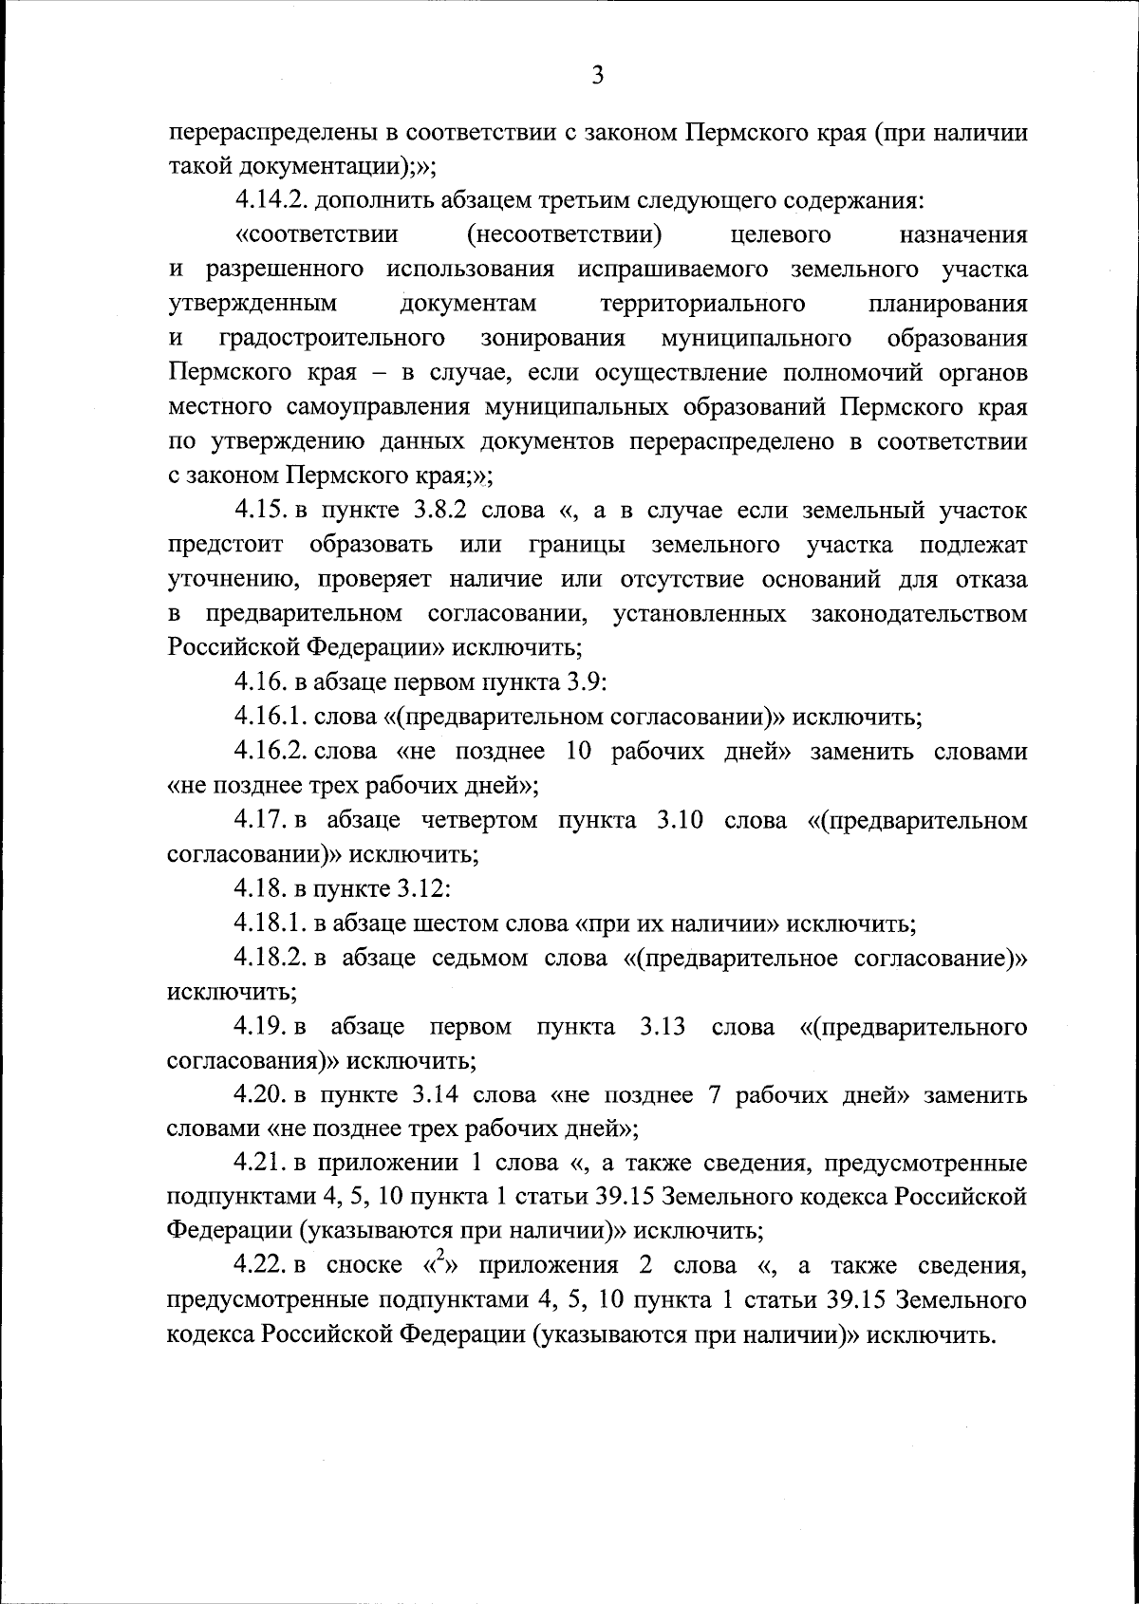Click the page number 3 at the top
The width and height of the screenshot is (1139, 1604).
(x=597, y=76)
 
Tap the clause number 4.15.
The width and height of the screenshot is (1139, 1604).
(x=263, y=511)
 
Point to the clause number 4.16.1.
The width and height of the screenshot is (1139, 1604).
(x=269, y=717)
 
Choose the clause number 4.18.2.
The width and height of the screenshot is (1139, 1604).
(x=269, y=958)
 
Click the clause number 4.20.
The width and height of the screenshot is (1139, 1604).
(x=263, y=1095)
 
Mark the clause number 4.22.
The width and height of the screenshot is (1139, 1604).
(x=263, y=1266)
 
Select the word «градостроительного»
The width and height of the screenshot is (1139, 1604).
(x=333, y=339)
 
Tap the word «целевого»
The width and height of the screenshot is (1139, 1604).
(x=782, y=234)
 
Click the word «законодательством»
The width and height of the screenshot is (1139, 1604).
(x=919, y=614)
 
